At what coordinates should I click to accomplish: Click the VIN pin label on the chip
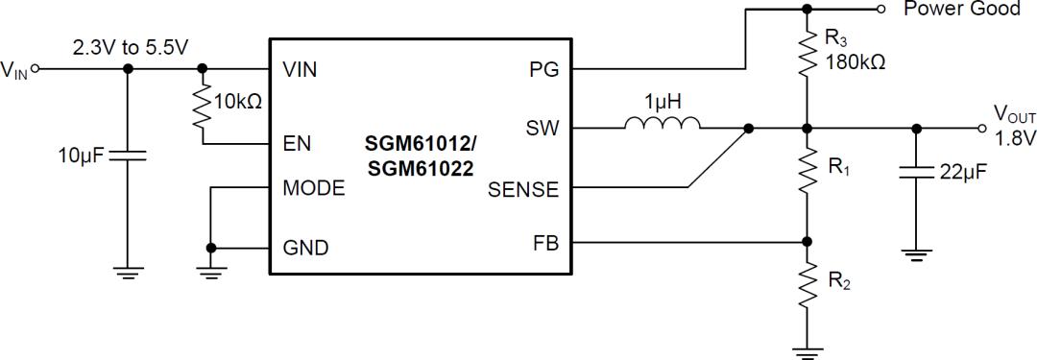tap(300, 70)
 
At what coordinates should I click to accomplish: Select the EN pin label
tap(296, 145)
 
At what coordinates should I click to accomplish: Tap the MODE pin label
tap(314, 188)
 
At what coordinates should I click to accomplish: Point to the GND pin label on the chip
tap(305, 248)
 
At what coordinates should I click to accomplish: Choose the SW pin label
tap(542, 128)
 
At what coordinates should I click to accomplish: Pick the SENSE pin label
tap(522, 189)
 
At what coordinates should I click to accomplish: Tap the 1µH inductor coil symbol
tap(662, 124)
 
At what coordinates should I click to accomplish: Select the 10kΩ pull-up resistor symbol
tap(202, 108)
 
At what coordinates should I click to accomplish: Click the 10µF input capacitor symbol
tap(129, 156)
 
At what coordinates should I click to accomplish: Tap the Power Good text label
tap(961, 10)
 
